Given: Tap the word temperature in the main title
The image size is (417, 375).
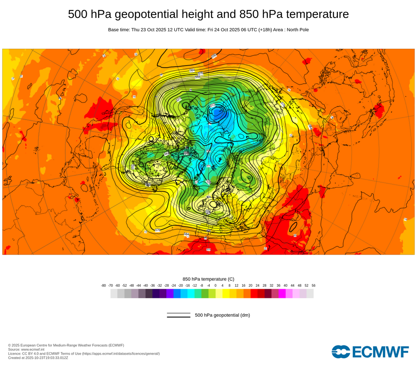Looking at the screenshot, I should pos(317,14).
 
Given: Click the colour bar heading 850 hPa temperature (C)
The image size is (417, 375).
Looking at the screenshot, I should pos(208,279).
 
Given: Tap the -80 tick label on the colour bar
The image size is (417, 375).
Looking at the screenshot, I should pos(103,285).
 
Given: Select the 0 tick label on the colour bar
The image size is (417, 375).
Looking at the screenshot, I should pos(216,285).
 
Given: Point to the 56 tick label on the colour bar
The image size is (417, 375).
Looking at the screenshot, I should pos(314,285).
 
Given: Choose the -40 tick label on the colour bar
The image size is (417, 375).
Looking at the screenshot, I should pos(146,285).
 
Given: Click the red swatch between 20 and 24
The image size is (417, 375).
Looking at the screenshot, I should pos(254,293).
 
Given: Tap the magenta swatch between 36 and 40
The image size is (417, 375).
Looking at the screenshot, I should pos(282,293).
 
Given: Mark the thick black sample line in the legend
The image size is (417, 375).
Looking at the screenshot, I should pos(178,317).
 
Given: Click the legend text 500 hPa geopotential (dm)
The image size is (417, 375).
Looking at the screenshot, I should pos(222,315).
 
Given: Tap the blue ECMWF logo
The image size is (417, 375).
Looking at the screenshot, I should pos(370,352).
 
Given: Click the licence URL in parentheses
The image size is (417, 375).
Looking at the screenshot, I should pos(121,353).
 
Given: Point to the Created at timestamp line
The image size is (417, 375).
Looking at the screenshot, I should pos(38,357).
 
